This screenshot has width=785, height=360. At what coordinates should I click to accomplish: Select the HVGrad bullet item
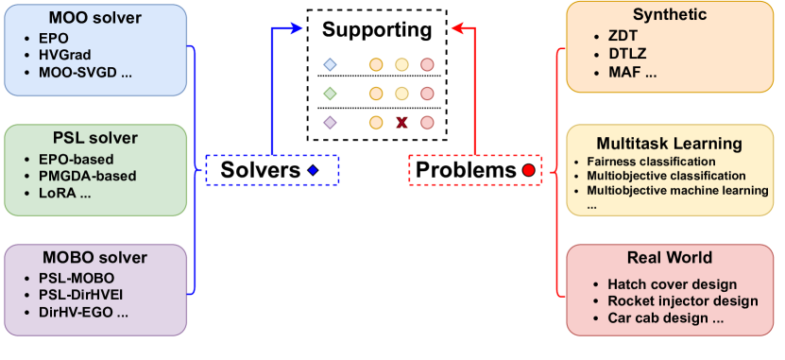[x=64, y=56]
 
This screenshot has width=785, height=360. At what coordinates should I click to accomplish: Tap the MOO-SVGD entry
[x=84, y=73]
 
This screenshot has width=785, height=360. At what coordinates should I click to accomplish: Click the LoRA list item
[x=59, y=193]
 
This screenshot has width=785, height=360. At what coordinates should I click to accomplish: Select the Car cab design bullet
[x=665, y=317]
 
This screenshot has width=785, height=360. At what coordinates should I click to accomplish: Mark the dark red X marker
[x=401, y=122]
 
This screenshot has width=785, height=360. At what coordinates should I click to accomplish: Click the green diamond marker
[x=330, y=94]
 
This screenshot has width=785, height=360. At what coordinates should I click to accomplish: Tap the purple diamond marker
[x=330, y=122]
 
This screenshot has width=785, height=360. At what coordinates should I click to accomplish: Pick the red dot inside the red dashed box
[x=529, y=170]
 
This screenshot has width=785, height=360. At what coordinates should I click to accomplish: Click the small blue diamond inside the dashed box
[x=313, y=170]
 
